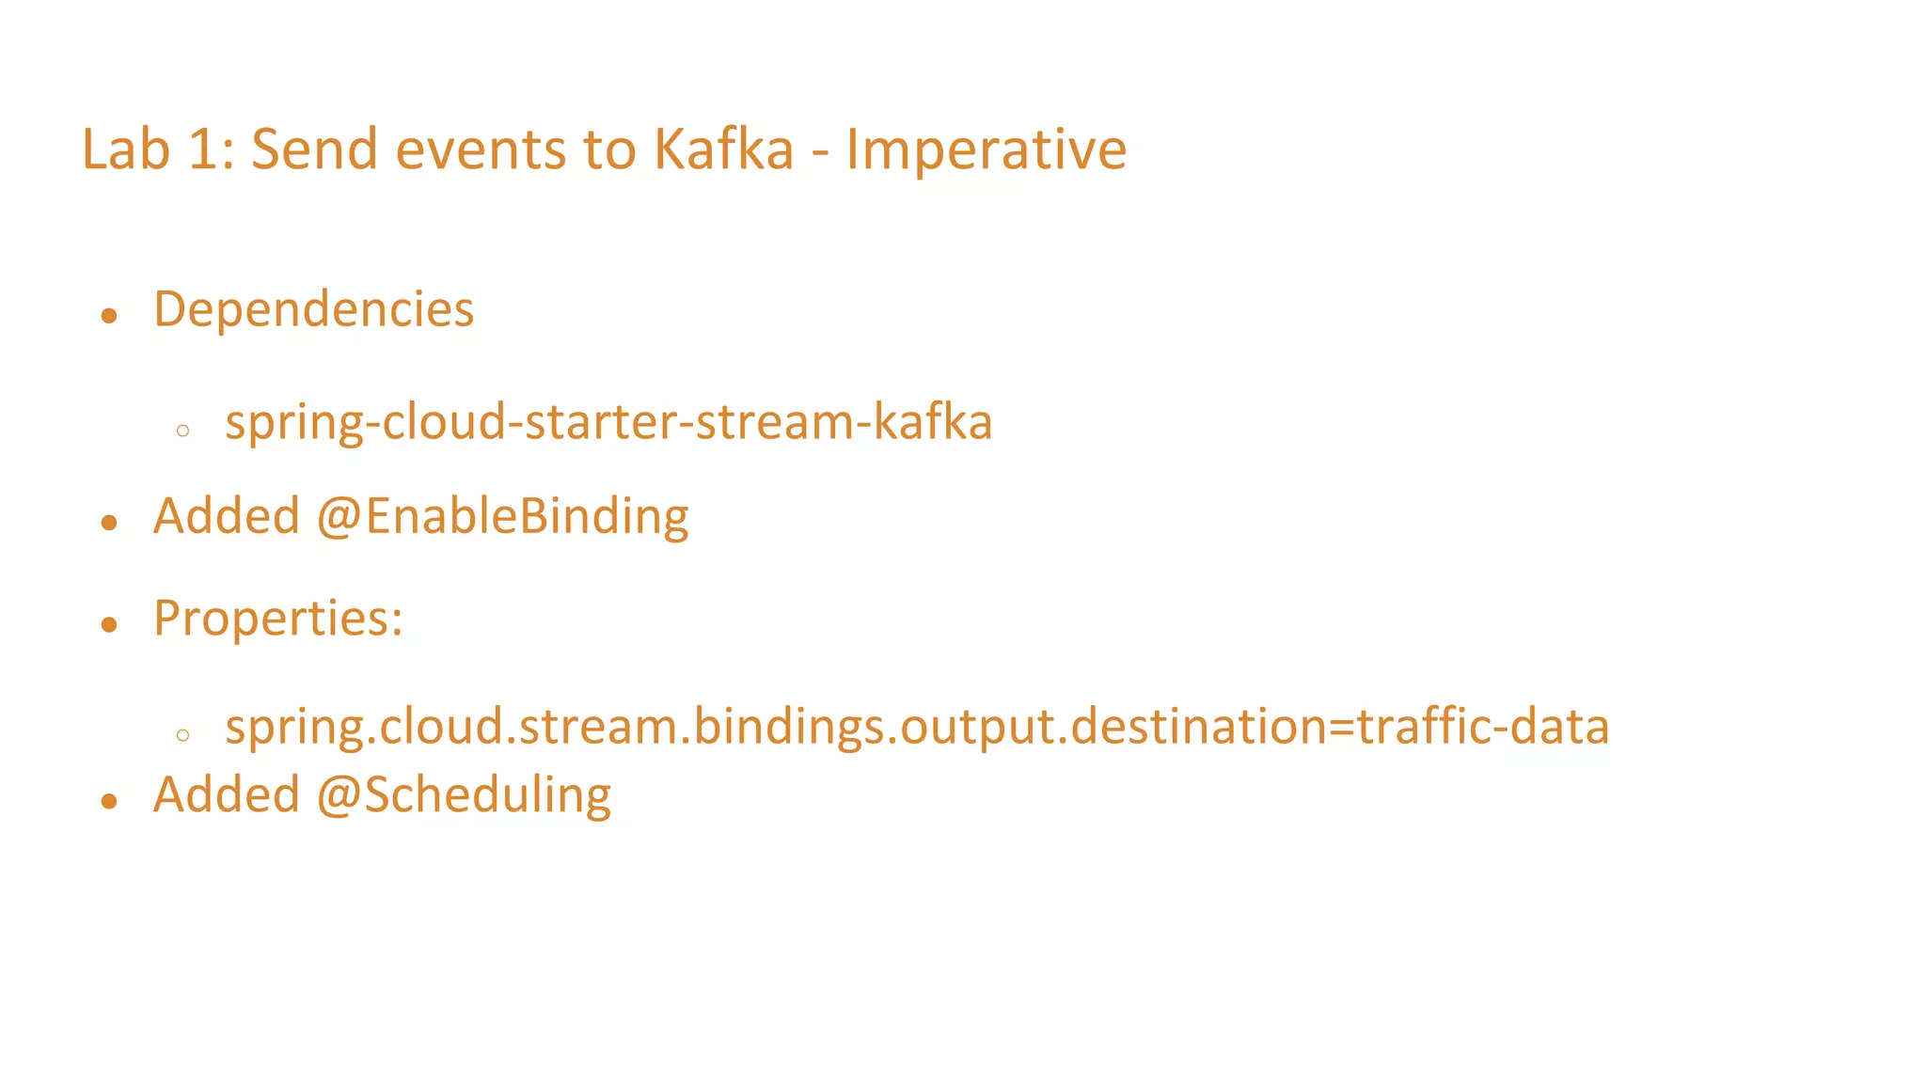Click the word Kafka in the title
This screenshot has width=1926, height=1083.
tap(723, 149)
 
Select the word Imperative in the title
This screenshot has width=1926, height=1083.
tap(986, 149)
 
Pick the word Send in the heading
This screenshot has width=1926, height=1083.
tap(314, 149)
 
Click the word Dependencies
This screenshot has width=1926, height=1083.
tap(313, 310)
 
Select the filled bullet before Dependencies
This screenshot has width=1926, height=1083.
tap(109, 316)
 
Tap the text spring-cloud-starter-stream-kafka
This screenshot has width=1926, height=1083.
tap(608, 422)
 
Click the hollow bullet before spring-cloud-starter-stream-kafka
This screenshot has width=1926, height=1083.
tap(182, 431)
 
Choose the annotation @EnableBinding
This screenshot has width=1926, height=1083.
tap(502, 517)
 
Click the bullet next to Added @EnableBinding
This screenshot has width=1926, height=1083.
tap(109, 523)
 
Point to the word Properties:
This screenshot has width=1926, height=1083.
tap(277, 619)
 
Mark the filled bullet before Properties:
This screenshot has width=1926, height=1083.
tap(109, 624)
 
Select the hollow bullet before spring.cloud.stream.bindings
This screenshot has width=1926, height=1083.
tap(182, 734)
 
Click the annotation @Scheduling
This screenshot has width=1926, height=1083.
tap(464, 795)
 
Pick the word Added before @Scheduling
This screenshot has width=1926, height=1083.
tap(226, 795)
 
